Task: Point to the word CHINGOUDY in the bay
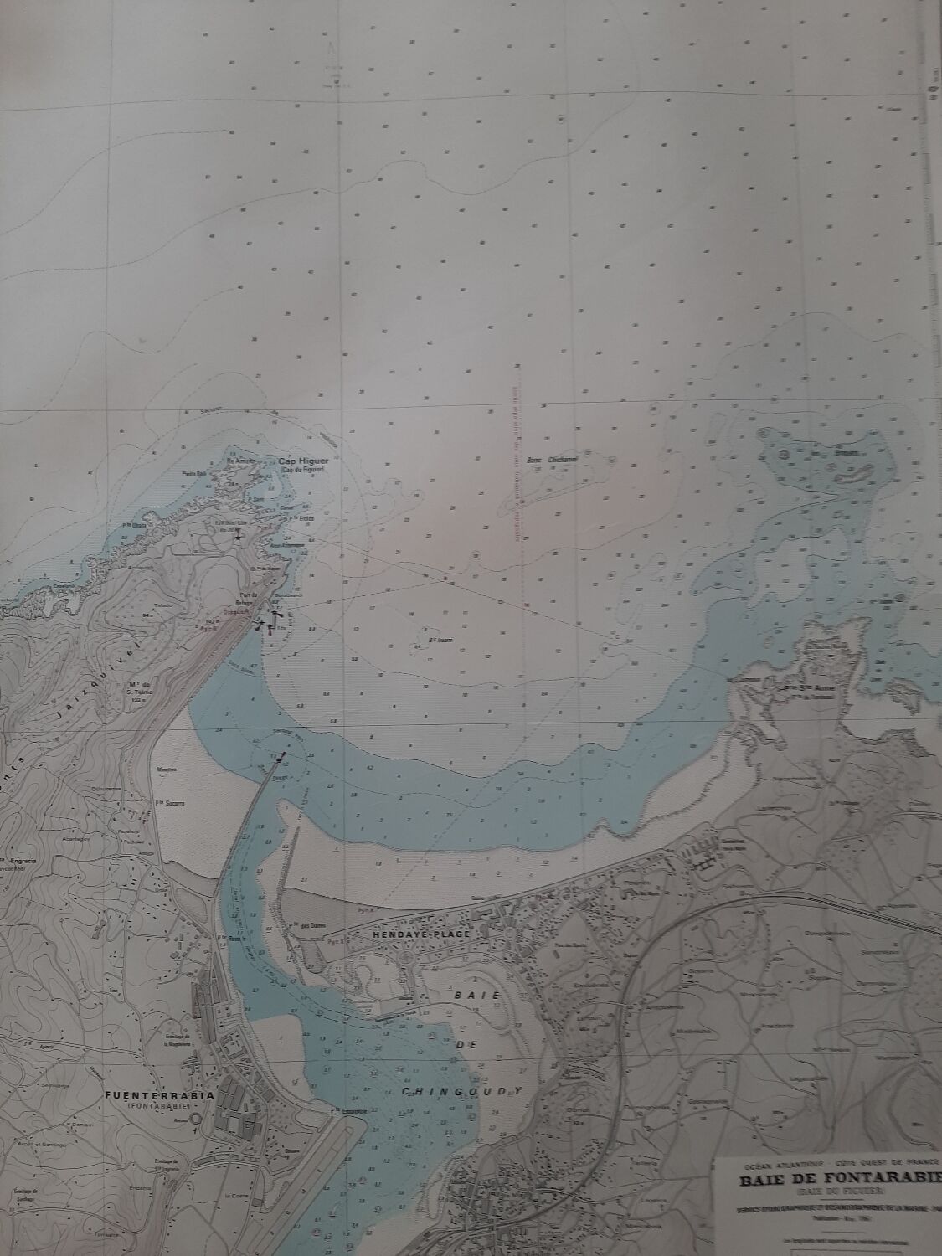[461, 1090]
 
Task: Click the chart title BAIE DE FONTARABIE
[838, 1181]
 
